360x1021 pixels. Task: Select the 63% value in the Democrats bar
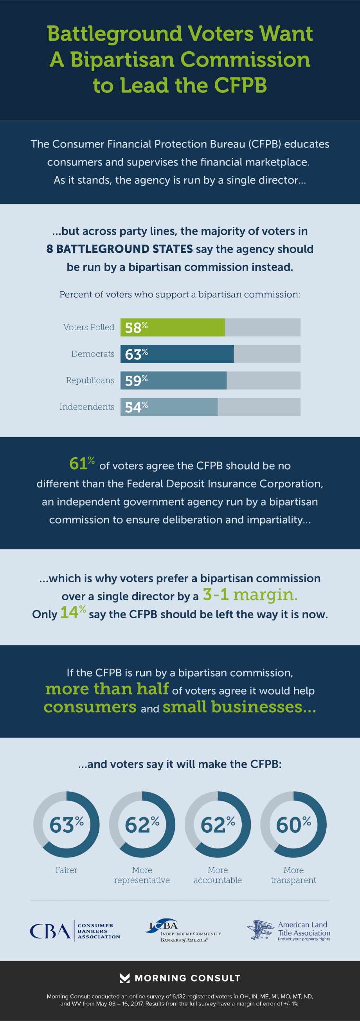pyautogui.click(x=136, y=354)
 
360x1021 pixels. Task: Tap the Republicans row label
pyautogui.click(x=90, y=380)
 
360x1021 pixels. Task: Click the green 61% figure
pyautogui.click(x=81, y=463)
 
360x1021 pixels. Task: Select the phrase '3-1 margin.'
pyautogui.click(x=250, y=594)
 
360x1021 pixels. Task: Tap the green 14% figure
pyautogui.click(x=72, y=613)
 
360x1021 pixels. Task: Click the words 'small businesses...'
pyautogui.click(x=239, y=707)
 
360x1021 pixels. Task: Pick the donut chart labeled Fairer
pyautogui.click(x=66, y=825)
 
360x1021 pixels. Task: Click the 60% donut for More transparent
pyautogui.click(x=293, y=825)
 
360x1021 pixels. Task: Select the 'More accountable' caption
pyautogui.click(x=218, y=875)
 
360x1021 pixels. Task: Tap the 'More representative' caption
pyautogui.click(x=142, y=875)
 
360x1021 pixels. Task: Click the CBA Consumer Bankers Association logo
pyautogui.click(x=74, y=931)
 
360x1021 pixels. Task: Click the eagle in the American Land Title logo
pyautogui.click(x=260, y=930)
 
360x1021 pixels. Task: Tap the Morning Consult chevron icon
pyautogui.click(x=124, y=978)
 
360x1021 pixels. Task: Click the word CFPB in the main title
pyautogui.click(x=240, y=86)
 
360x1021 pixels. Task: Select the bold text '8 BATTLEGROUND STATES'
pyautogui.click(x=119, y=249)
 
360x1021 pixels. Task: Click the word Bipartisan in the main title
pyautogui.click(x=122, y=60)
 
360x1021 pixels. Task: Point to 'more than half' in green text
pyautogui.click(x=107, y=689)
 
